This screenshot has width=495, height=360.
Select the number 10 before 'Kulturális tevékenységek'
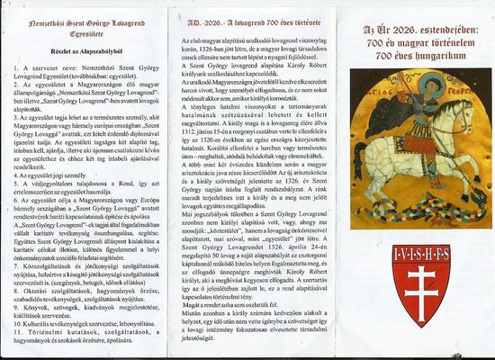(x=15, y=320)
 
